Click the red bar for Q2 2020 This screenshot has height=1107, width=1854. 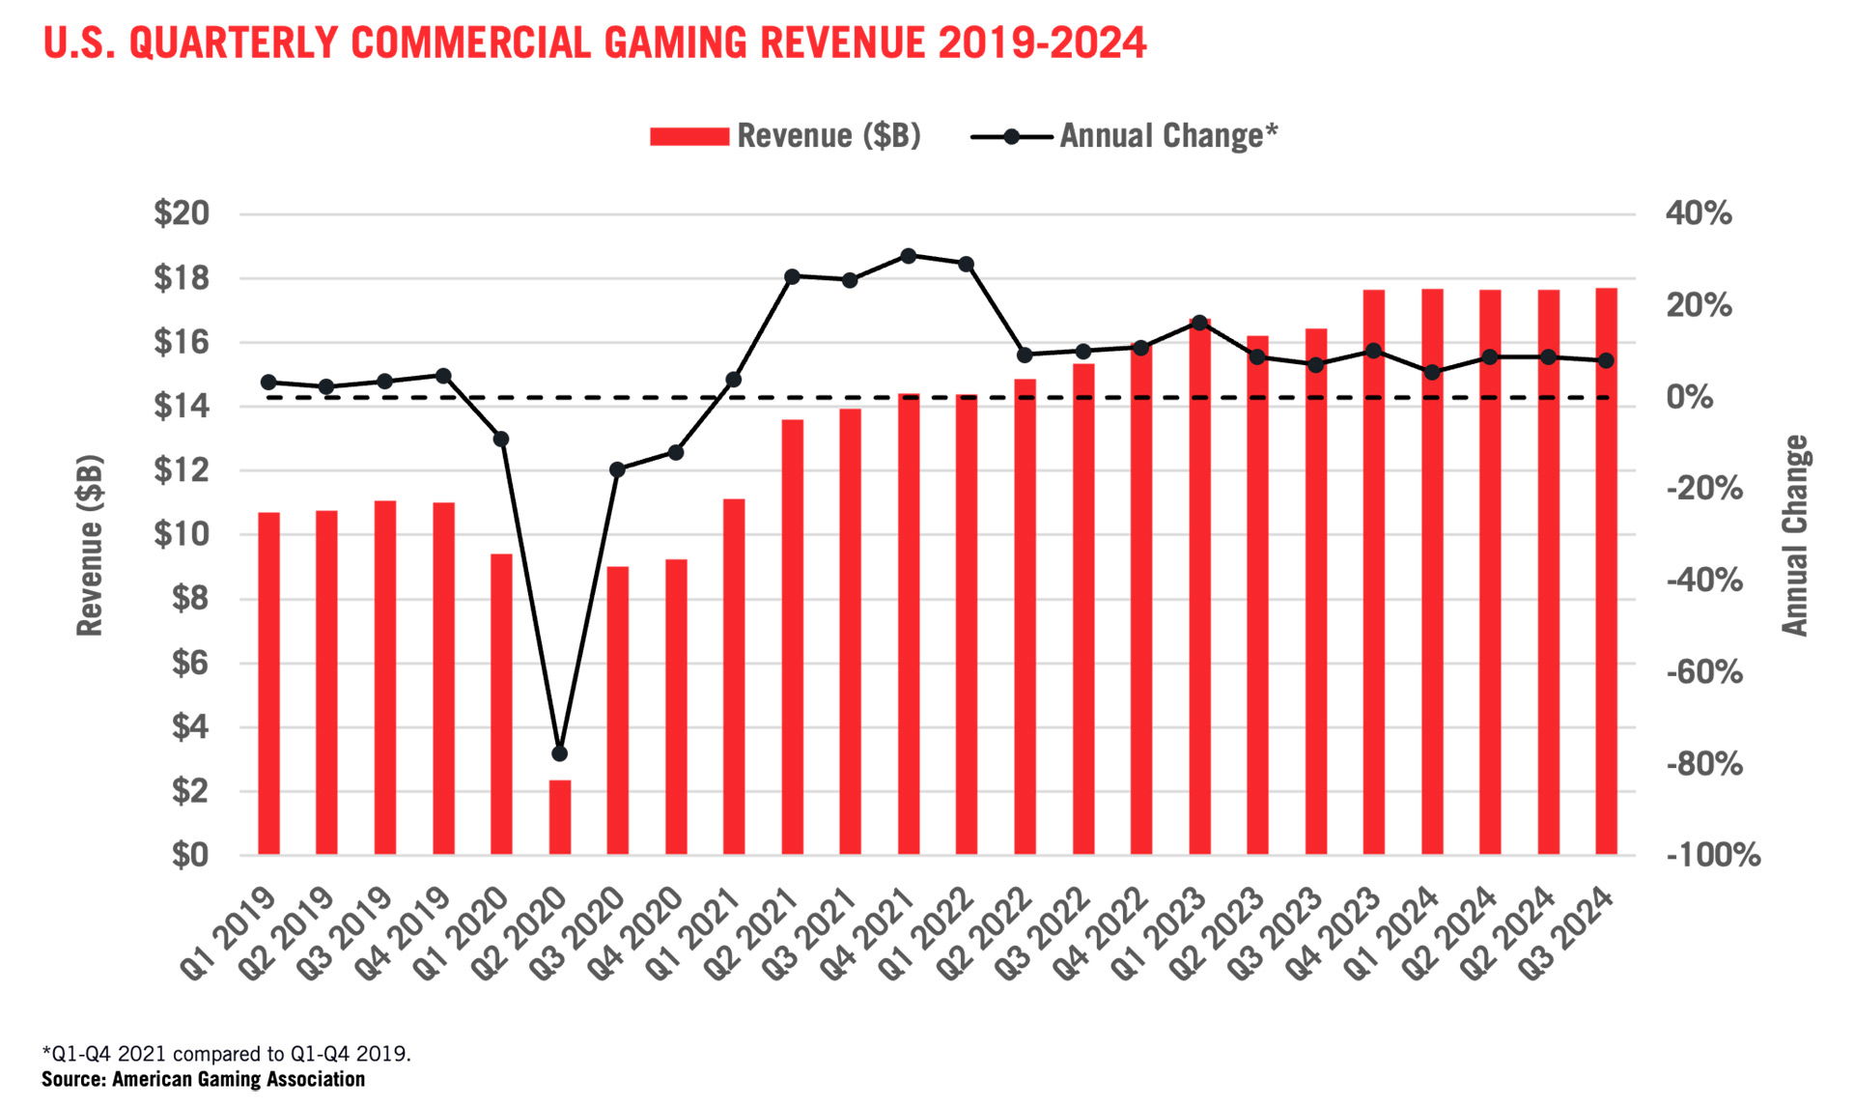560,817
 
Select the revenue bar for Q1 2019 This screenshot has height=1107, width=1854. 268,684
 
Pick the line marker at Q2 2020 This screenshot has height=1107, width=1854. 560,753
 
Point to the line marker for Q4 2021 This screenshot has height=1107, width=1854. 909,256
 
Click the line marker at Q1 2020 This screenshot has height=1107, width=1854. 501,440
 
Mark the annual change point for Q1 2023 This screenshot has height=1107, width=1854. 1199,323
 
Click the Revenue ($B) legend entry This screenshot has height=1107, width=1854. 785,136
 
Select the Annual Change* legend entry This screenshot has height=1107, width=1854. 1125,136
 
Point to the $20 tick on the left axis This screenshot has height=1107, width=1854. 182,213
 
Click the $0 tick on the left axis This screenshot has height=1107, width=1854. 189,855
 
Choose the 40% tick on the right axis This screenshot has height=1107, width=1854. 1699,213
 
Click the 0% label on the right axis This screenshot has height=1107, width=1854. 1690,397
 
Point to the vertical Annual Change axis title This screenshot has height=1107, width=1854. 1794,535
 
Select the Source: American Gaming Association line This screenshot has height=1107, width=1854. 203,1080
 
